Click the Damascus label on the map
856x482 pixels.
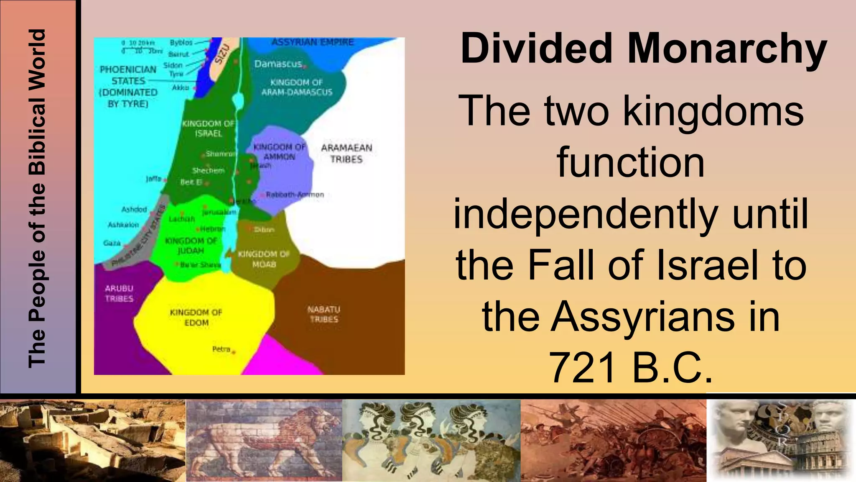click(x=278, y=64)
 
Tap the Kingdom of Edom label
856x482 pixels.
click(x=196, y=318)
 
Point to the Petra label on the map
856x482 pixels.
click(x=222, y=349)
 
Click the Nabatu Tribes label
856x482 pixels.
click(x=324, y=314)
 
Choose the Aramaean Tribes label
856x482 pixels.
click(x=346, y=153)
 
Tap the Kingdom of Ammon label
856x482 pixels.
click(x=280, y=151)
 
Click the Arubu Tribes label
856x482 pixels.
click(x=119, y=293)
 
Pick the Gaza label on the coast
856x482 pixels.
click(x=112, y=243)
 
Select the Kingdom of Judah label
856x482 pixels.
click(x=191, y=246)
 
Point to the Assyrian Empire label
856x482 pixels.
click(x=313, y=42)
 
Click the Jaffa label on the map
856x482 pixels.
click(x=154, y=179)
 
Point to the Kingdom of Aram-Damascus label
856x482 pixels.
click(x=297, y=87)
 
